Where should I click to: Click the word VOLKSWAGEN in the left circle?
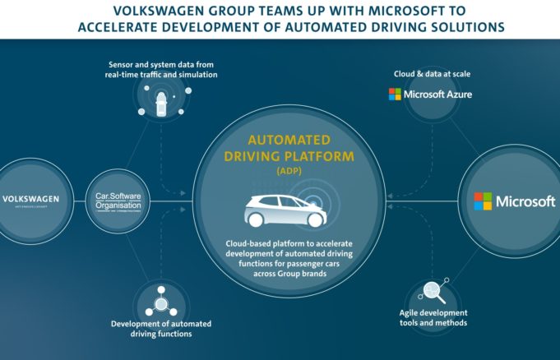tap(30, 199)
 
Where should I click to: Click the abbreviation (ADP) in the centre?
tap(280, 172)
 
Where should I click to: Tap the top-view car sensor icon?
tap(160, 101)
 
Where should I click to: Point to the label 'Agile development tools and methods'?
tap(433, 318)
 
